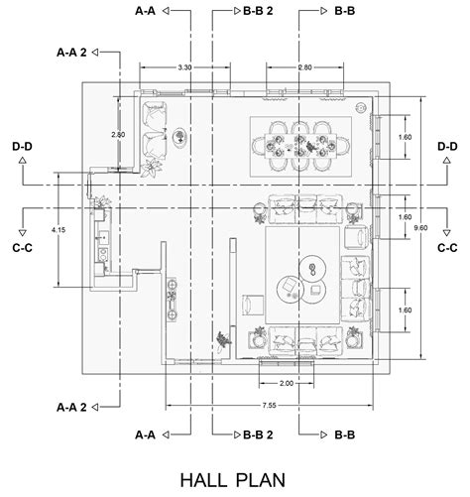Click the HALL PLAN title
(x=233, y=480)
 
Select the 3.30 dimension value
(x=184, y=67)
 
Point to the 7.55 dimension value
(x=269, y=405)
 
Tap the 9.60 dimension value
(x=420, y=227)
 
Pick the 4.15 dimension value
(x=59, y=230)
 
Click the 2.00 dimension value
(x=287, y=383)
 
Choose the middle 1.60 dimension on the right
(x=405, y=217)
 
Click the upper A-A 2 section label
(x=71, y=53)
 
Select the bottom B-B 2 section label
(x=258, y=435)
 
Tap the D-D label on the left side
(x=23, y=146)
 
